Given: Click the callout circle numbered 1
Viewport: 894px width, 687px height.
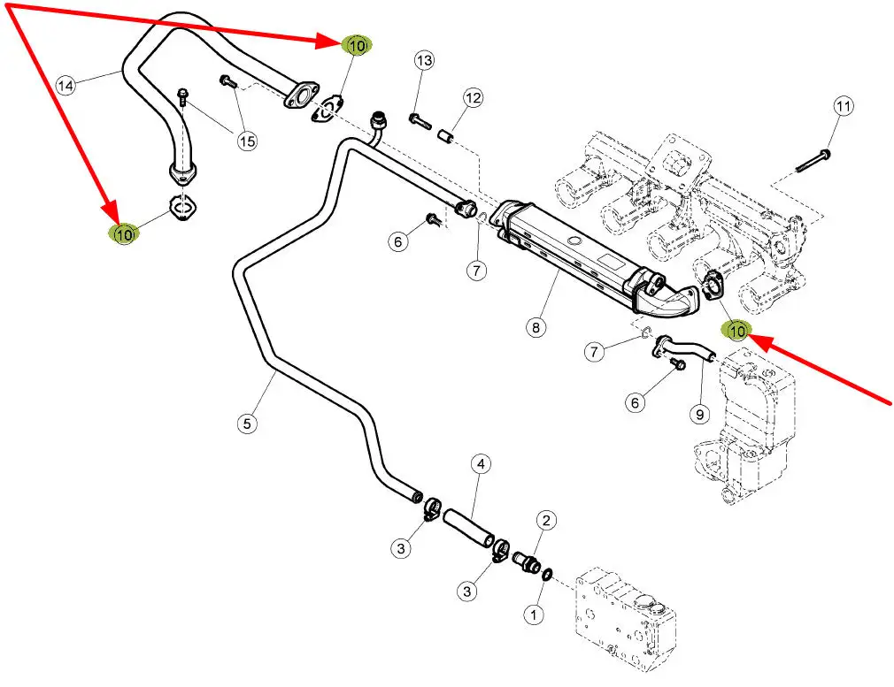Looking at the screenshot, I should (x=533, y=613).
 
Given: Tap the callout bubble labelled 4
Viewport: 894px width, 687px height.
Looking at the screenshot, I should (x=481, y=463).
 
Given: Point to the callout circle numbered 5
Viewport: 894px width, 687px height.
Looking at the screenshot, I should (x=247, y=424).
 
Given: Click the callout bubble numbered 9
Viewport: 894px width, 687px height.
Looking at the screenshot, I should (x=699, y=413).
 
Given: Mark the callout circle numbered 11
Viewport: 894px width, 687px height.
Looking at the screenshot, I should (x=843, y=107).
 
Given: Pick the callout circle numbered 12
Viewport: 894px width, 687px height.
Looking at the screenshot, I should (x=473, y=98).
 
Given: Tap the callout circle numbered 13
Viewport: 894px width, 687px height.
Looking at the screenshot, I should (x=425, y=61).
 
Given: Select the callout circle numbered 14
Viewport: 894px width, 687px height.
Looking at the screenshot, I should (x=66, y=86).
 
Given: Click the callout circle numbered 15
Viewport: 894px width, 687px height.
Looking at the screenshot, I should (x=246, y=140).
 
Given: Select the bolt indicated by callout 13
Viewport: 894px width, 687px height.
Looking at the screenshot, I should (x=420, y=117).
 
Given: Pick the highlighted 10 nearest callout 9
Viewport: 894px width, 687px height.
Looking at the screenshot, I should (x=736, y=331).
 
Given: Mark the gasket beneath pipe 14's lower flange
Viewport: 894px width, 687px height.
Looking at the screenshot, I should (x=183, y=209).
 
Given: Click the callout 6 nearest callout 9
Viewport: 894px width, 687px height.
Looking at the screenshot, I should (x=634, y=402).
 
